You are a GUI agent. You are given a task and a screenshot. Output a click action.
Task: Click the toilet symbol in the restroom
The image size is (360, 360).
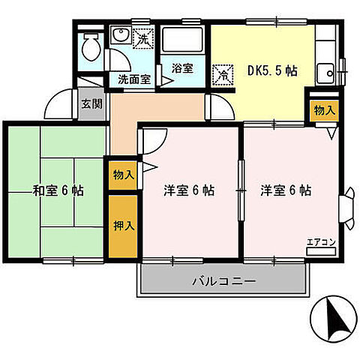point(90,46)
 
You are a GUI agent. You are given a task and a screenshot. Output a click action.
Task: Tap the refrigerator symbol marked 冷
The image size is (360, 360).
point(223,74)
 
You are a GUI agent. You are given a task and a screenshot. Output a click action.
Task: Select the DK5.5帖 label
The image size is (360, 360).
point(272,71)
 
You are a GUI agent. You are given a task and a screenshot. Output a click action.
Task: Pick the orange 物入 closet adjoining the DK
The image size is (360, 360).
point(323,110)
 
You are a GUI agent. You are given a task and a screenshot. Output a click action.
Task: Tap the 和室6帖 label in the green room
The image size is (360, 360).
point(58,190)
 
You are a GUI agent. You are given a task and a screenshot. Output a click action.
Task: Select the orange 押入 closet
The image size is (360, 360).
point(123,225)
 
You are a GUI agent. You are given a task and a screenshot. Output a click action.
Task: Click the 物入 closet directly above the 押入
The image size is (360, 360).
point(123,175)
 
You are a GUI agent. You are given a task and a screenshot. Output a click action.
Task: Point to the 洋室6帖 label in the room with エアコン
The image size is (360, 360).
point(286,190)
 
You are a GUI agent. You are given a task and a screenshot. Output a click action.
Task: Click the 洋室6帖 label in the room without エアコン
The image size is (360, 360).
point(189,190)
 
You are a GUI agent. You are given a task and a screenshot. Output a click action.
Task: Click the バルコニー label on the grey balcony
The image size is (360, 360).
point(223,282)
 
